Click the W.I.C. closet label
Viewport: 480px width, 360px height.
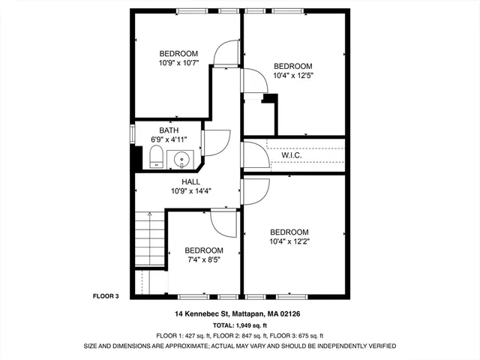292,156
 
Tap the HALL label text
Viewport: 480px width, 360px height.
191,181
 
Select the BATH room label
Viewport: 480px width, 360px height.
169,130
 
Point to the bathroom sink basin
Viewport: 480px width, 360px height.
181,159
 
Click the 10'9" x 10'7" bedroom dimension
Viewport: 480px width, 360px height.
178,63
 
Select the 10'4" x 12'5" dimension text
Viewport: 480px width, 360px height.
292,75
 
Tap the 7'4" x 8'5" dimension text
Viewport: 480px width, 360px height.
204,259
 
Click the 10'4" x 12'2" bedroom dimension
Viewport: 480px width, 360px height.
289,241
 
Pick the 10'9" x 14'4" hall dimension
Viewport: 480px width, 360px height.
191,190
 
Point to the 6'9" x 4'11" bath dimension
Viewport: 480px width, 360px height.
169,139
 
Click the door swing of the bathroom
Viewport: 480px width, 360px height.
217,142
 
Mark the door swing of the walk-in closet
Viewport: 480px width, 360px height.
255,154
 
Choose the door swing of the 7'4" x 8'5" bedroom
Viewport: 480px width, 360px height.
223,222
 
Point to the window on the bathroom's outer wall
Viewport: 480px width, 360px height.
133,133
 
